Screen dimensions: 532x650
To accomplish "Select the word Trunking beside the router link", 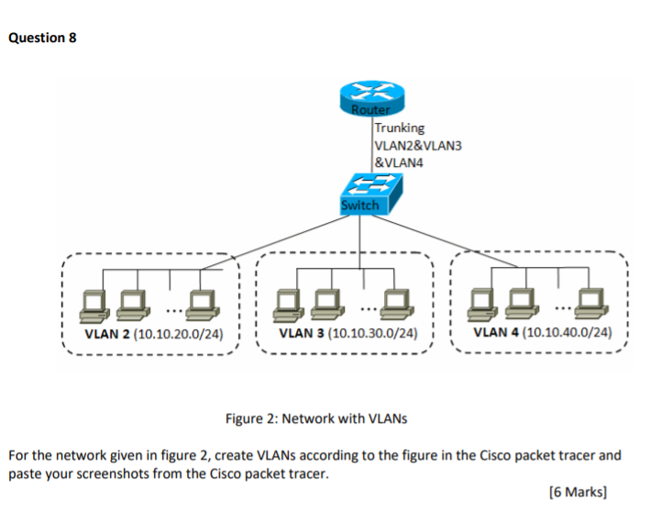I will click(399, 128).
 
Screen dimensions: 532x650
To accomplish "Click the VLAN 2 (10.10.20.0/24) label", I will click(153, 334).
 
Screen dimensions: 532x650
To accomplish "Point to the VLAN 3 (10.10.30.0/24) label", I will click(348, 334).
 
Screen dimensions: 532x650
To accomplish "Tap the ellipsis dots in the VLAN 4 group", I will click(561, 295).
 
